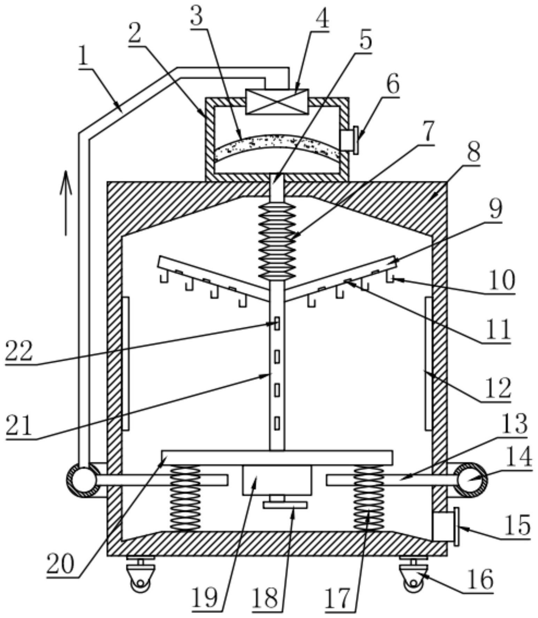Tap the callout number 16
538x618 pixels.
480,579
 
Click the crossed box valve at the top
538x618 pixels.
277,101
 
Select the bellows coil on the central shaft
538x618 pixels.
277,241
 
